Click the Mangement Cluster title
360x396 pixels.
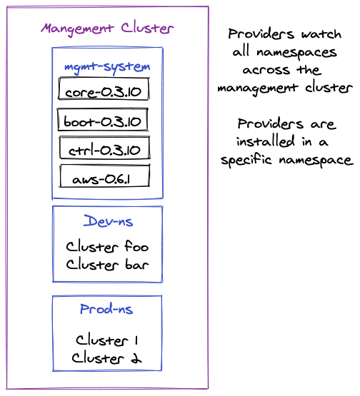pyautogui.click(x=107, y=29)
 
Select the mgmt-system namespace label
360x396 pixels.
pyautogui.click(x=107, y=68)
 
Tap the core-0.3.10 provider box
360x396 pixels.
pyautogui.click(x=104, y=88)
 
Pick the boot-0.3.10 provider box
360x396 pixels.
pyautogui.click(x=103, y=119)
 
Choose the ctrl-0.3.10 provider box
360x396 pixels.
pyautogui.click(x=105, y=148)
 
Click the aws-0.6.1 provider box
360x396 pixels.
pyautogui.click(x=105, y=176)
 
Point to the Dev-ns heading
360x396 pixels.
pyautogui.click(x=108, y=221)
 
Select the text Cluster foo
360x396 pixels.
pyautogui.click(x=107, y=246)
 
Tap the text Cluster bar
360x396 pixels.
pyautogui.click(x=107, y=265)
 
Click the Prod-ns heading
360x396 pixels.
pyautogui.click(x=106, y=309)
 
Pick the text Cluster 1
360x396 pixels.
pyautogui.click(x=107, y=340)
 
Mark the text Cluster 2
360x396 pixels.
pyautogui.click(x=106, y=358)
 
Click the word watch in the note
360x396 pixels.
pyautogui.click(x=321, y=34)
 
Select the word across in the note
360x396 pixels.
pyautogui.click(x=266, y=70)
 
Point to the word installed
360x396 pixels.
pyautogui.click(x=266, y=141)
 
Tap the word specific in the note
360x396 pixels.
pyautogui.click(x=246, y=160)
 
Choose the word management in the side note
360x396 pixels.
pyautogui.click(x=258, y=88)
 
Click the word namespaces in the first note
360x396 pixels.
pyautogui.click(x=297, y=53)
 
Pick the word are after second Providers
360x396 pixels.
pyautogui.click(x=324, y=124)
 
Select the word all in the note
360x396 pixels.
pyautogui.click(x=241, y=51)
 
